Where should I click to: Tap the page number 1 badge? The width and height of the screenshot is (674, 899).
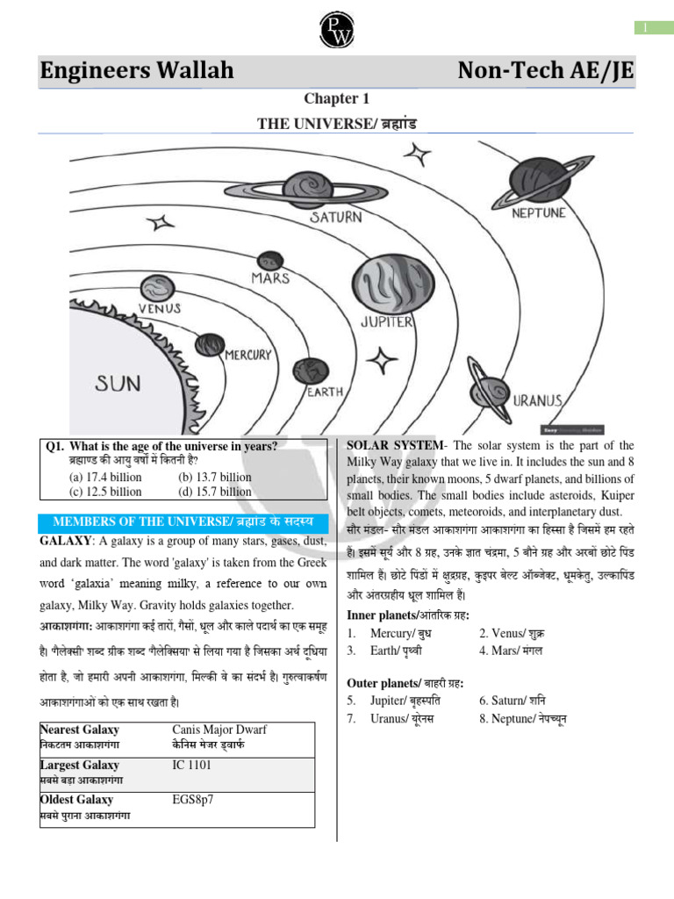(x=645, y=28)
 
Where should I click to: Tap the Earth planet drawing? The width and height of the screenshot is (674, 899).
(x=311, y=373)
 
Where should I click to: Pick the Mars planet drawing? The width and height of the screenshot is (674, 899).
(x=269, y=262)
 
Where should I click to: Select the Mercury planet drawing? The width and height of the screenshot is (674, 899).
(x=210, y=344)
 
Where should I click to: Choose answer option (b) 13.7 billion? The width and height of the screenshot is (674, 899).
(x=214, y=478)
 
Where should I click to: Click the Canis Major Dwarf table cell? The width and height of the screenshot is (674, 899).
(x=220, y=730)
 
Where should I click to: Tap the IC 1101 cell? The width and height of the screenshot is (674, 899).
(x=192, y=766)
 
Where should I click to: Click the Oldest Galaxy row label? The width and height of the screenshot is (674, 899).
(x=77, y=800)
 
